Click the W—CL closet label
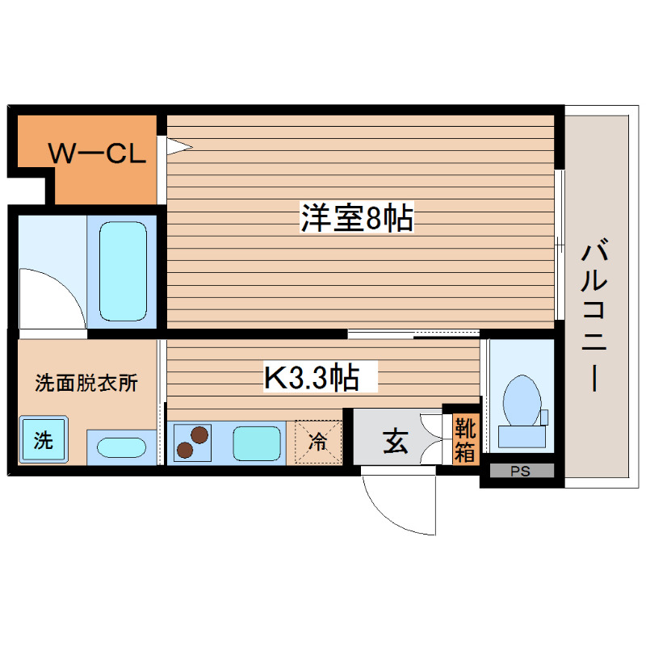98,153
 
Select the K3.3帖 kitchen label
311,377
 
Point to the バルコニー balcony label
596,315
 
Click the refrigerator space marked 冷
317,442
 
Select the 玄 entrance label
395,442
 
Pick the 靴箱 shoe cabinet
464,439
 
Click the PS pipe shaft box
518,472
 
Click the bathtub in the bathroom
123,271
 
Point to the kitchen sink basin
257,443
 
